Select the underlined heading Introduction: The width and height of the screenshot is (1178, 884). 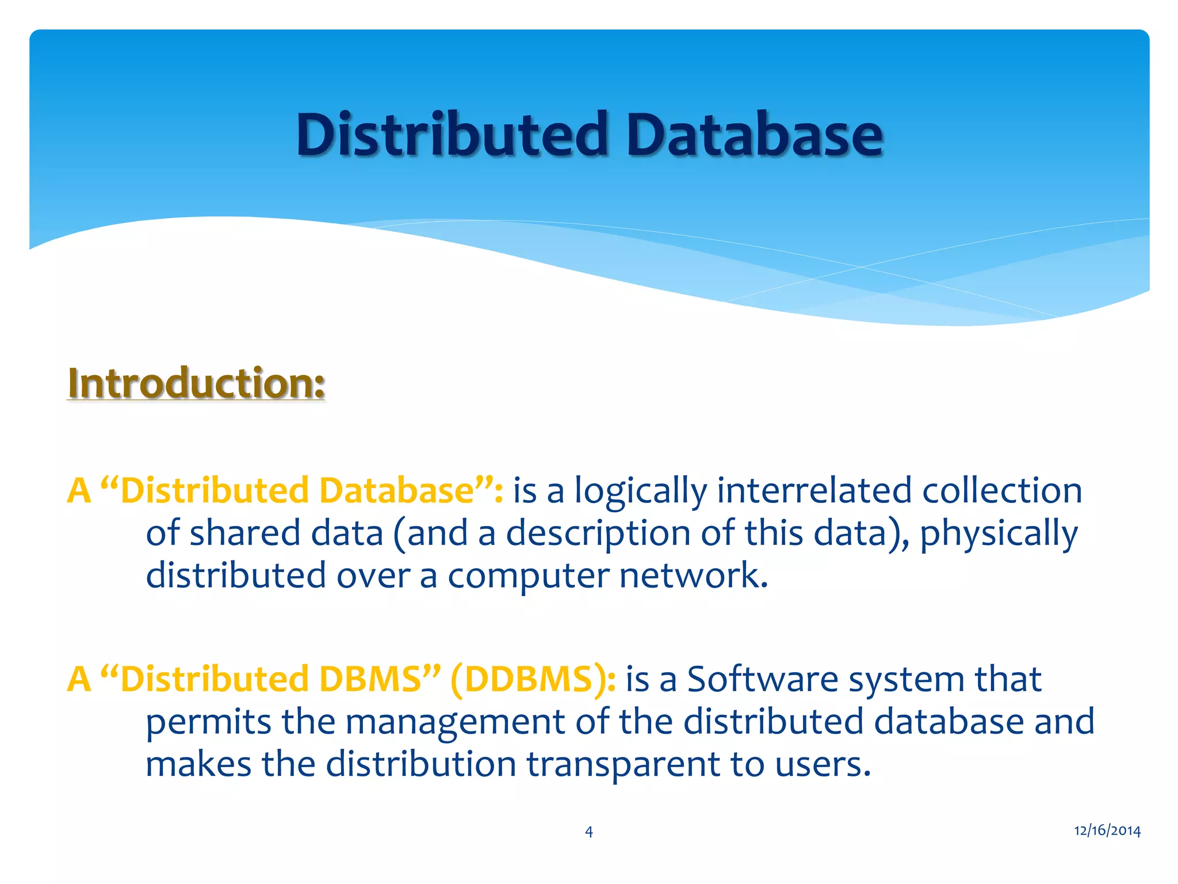click(196, 383)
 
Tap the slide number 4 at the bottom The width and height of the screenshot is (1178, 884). click(588, 831)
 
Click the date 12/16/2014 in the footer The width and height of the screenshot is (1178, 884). click(1107, 830)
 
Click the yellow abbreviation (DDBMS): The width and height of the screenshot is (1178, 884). click(533, 679)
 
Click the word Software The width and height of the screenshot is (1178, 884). click(763, 679)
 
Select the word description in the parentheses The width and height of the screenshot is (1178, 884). click(598, 534)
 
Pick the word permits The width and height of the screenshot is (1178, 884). click(208, 723)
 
